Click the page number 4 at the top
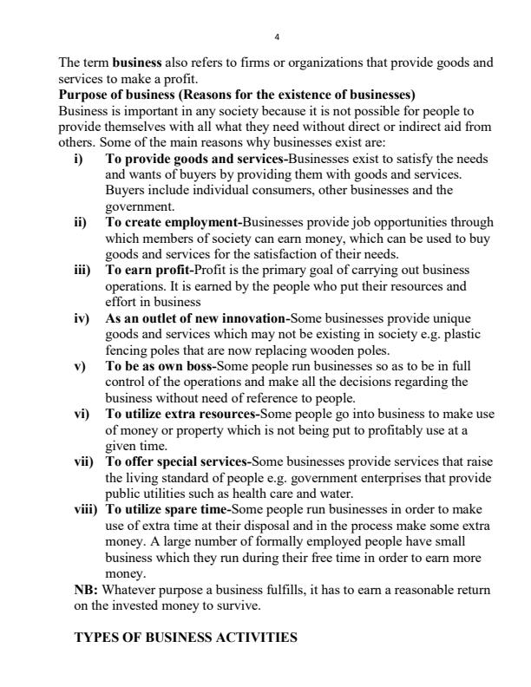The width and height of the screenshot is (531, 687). (276, 36)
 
